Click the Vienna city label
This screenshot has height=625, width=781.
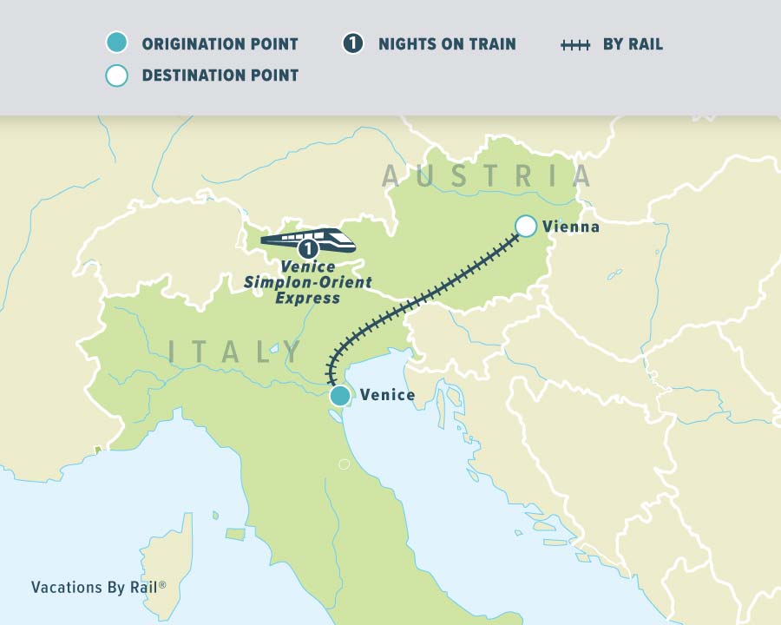pyautogui.click(x=570, y=227)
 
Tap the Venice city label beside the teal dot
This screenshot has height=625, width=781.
pyautogui.click(x=387, y=396)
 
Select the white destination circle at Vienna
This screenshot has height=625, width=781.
pyautogui.click(x=526, y=227)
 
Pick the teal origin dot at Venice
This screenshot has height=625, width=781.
pyautogui.click(x=340, y=397)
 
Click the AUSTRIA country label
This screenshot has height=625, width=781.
pyautogui.click(x=487, y=176)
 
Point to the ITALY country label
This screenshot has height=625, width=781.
pyautogui.click(x=235, y=352)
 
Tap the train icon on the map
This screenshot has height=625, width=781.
pyautogui.click(x=309, y=237)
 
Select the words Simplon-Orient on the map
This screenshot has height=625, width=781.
pyautogui.click(x=307, y=283)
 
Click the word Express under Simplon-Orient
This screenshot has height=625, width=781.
pyautogui.click(x=307, y=298)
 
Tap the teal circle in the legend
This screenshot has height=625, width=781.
pyautogui.click(x=116, y=43)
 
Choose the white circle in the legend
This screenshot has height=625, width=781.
pyautogui.click(x=116, y=76)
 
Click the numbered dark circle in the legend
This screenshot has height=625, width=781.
pyautogui.click(x=352, y=43)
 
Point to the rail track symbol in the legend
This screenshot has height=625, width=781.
pyautogui.click(x=575, y=43)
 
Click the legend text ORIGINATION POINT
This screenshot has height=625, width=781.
pyautogui.click(x=220, y=44)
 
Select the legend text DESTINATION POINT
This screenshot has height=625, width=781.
pyautogui.click(x=220, y=76)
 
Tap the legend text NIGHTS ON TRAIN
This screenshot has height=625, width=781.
pyautogui.click(x=447, y=44)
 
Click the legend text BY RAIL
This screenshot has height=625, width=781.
pyautogui.click(x=633, y=44)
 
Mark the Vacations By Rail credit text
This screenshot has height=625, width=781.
pyautogui.click(x=98, y=587)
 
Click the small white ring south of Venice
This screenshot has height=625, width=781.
pyautogui.click(x=344, y=464)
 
